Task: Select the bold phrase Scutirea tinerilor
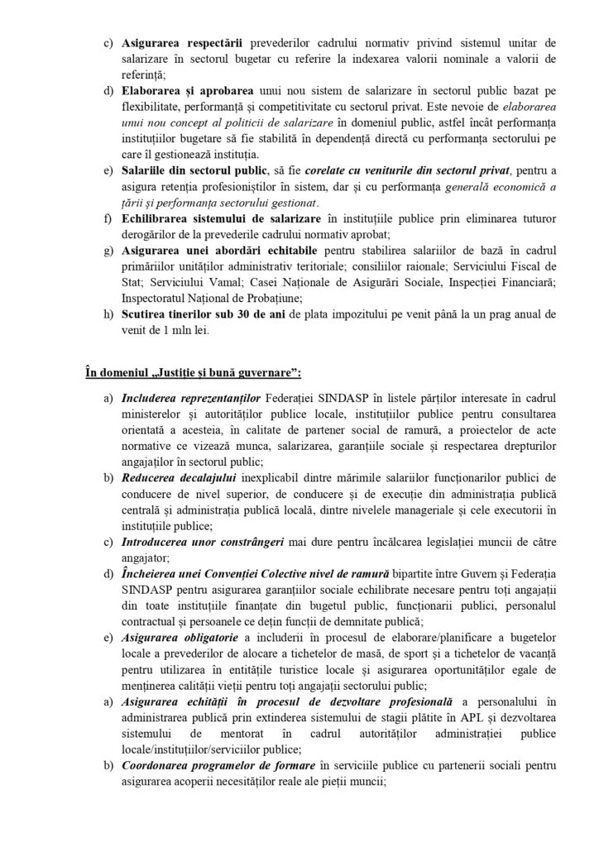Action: coord(165,314)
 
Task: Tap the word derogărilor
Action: coord(150,233)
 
